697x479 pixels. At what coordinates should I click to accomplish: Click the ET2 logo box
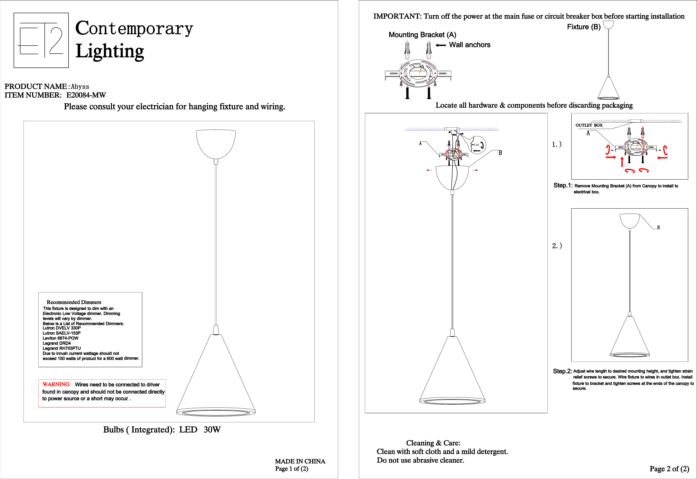[41, 40]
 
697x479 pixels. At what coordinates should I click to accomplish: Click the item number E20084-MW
[86, 95]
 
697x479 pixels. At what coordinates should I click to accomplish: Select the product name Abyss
[80, 87]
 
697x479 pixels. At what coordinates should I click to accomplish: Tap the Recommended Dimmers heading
[74, 302]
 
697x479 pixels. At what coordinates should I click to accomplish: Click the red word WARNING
[56, 384]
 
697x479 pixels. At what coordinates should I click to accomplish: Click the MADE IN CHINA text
[300, 461]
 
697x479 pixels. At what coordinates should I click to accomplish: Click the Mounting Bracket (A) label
[422, 35]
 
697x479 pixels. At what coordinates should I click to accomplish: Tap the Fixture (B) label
[584, 27]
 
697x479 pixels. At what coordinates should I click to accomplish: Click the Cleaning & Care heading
[433, 443]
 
